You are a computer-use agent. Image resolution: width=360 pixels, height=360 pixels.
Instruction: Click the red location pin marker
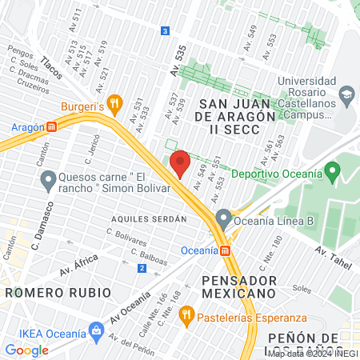click(180, 162)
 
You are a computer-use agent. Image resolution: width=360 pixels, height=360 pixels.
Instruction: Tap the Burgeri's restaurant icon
click(115, 102)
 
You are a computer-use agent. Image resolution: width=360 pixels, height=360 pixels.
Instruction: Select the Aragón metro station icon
click(51, 126)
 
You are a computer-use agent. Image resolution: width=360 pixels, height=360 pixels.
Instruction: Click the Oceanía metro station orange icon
click(226, 250)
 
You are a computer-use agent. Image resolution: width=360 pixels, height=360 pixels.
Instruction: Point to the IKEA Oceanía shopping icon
click(97, 329)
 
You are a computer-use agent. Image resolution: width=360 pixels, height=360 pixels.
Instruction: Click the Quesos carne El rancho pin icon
click(48, 181)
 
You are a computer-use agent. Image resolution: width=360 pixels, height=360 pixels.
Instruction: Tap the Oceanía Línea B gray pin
click(224, 217)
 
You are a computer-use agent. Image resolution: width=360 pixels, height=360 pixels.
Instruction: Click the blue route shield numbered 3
click(165, 30)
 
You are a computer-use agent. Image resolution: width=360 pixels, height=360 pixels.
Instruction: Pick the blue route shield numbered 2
click(142, 267)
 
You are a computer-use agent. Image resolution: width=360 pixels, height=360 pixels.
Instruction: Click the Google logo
click(27, 350)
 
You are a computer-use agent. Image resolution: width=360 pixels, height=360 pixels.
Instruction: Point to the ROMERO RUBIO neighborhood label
click(56, 293)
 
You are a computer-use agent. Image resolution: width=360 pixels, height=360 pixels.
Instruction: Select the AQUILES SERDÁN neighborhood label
click(150, 218)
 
